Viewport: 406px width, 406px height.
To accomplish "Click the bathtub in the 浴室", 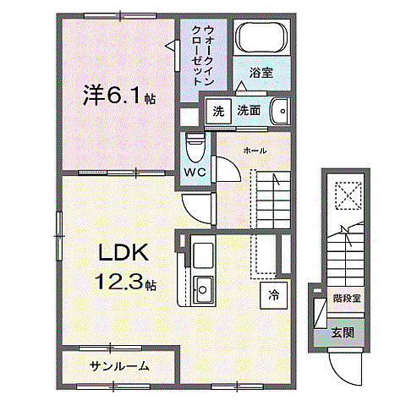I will click(261, 39).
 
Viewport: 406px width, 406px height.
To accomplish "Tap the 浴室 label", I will click(261, 74).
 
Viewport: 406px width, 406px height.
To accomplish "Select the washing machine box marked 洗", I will click(219, 110).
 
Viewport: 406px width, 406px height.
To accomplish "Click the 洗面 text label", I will click(248, 110).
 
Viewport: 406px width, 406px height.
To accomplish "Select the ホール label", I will click(255, 151).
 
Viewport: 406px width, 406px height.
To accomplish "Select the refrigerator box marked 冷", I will click(273, 295).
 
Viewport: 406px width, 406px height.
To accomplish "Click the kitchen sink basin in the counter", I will click(203, 288).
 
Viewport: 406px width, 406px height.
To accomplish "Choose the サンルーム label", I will click(119, 365).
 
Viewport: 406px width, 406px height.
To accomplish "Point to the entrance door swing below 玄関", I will click(347, 365).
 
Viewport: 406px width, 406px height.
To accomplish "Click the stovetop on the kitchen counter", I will click(204, 253).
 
